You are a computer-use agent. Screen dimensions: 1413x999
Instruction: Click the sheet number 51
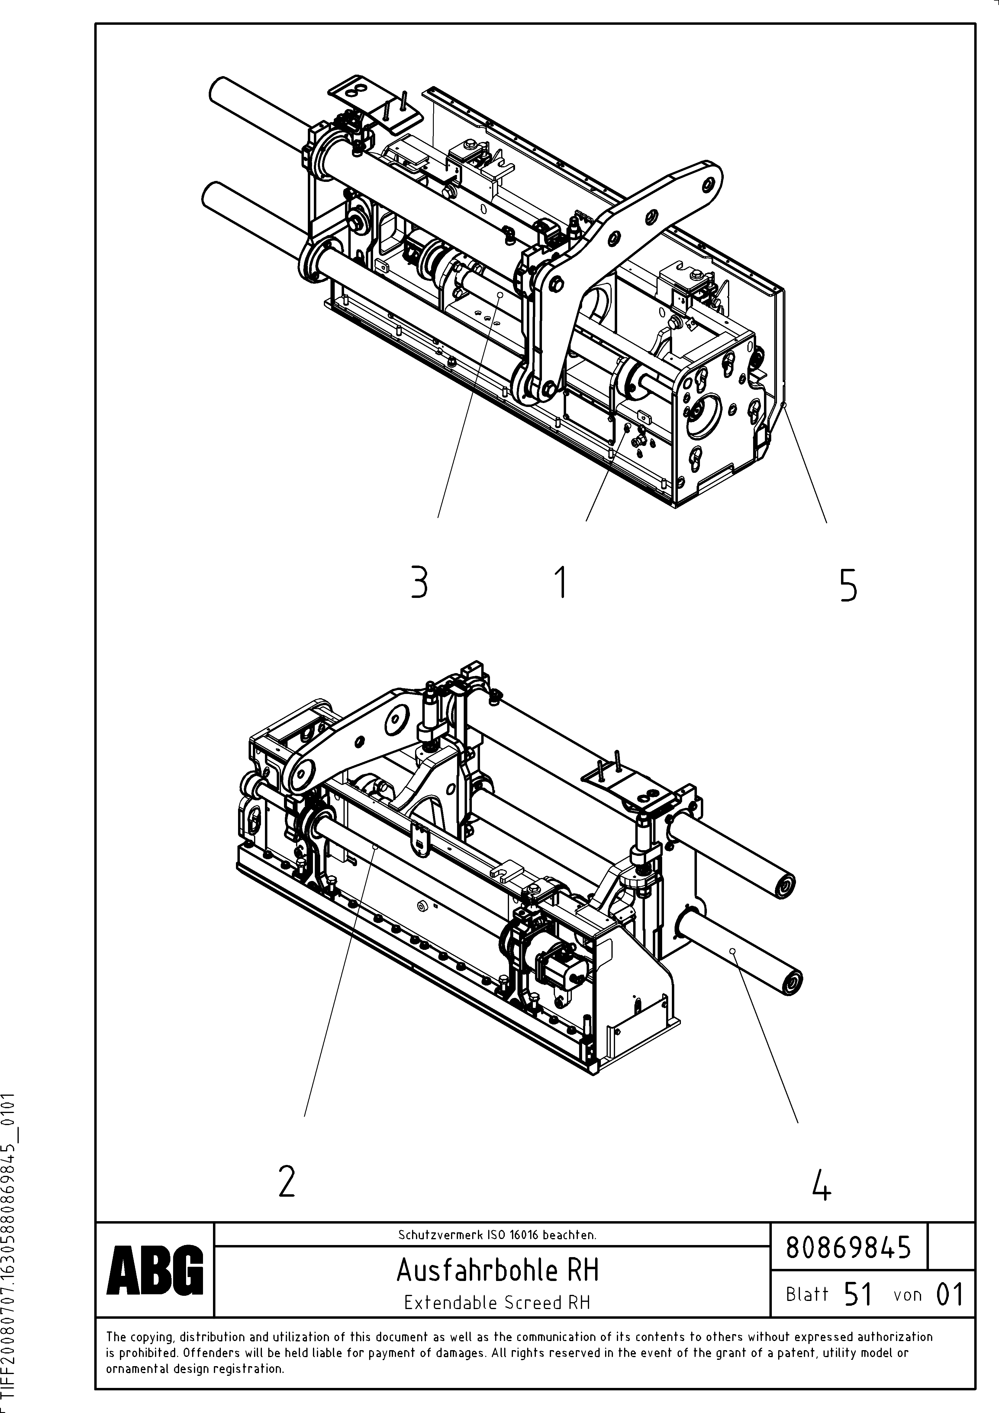[x=858, y=1294]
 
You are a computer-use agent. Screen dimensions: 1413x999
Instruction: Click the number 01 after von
[x=949, y=1294]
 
